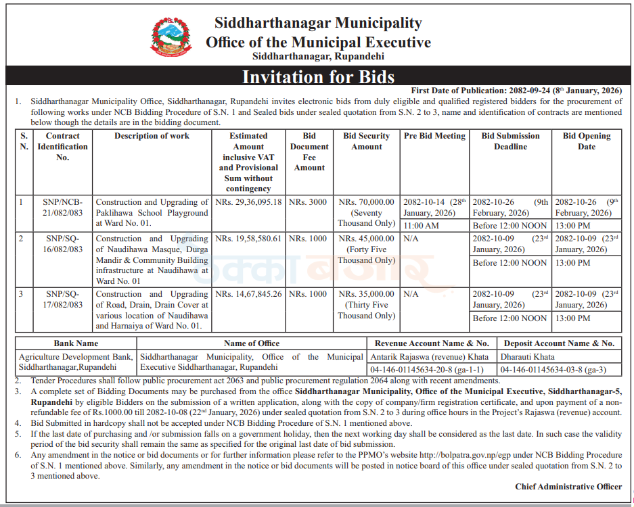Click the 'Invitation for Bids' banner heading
318,76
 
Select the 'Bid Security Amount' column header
366,141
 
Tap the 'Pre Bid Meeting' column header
434,136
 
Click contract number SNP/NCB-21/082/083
63,208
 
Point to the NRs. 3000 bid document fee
308,202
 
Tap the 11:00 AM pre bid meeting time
420,225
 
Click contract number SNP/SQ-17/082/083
63,299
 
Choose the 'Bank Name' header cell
76,343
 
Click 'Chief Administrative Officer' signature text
568,487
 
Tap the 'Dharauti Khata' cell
527,356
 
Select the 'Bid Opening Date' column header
586,141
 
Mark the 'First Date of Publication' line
516,91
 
